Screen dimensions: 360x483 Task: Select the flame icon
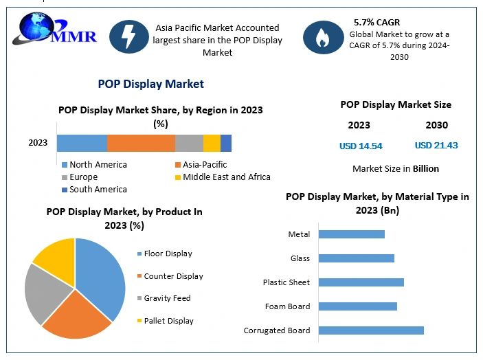pos(322,38)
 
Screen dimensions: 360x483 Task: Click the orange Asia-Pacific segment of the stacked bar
pos(141,143)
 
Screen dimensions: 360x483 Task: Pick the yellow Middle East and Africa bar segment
pos(212,143)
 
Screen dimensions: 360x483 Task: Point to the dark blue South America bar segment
pos(226,143)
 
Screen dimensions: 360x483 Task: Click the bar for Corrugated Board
pos(371,330)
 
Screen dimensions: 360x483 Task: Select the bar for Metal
pos(352,234)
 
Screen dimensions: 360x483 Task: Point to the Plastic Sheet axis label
pos(286,282)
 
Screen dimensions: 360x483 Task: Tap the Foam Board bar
pos(358,306)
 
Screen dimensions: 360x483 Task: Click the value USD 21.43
pos(436,146)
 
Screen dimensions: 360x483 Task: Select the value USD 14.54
pos(361,146)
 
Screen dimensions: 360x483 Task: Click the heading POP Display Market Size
pos(396,104)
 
